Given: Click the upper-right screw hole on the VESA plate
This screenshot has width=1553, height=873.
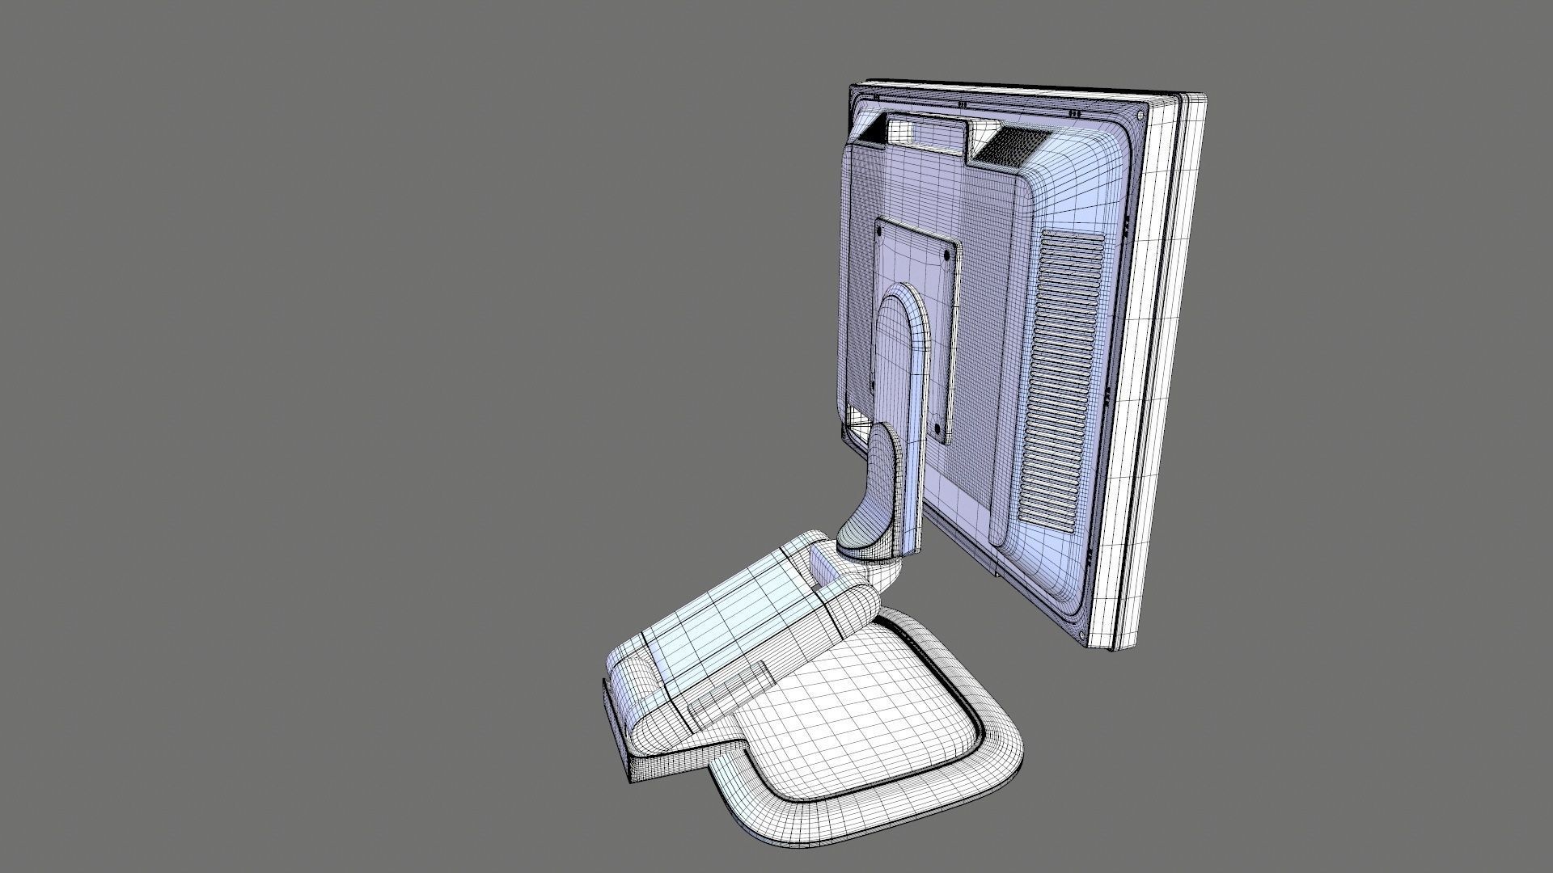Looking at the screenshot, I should tap(947, 253).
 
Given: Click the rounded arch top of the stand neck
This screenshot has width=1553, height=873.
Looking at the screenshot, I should tap(903, 299).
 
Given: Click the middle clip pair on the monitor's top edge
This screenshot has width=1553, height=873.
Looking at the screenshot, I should tap(962, 104).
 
